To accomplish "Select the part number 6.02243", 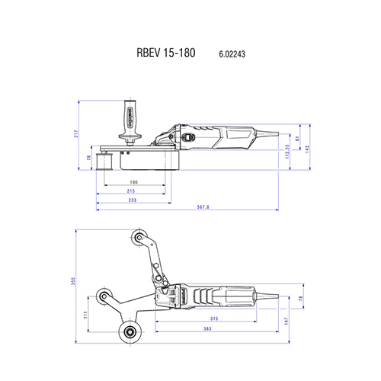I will click(x=231, y=55).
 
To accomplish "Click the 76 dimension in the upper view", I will click(x=88, y=158).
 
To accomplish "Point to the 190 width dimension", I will click(x=133, y=183).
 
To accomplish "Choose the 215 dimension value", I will click(x=133, y=191).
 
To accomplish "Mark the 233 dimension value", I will click(x=133, y=200).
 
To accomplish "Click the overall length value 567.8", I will click(x=202, y=207).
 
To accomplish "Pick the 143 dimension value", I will click(x=308, y=148).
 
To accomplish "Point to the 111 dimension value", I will click(x=85, y=314).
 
